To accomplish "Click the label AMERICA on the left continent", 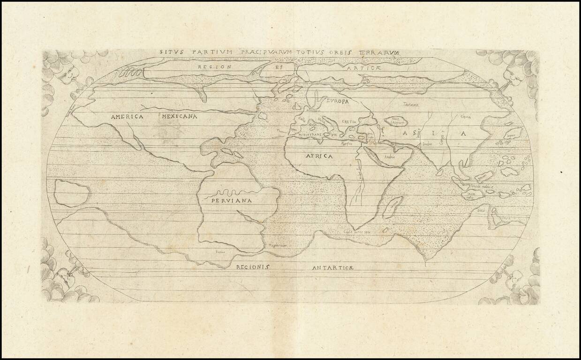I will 127,117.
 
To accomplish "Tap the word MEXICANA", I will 180,116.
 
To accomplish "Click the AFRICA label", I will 319,156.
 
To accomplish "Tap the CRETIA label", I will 349,122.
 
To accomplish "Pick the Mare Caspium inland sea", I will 396,121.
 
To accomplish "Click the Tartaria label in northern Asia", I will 410,105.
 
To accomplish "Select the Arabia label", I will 390,157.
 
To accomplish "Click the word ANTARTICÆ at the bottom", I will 332,268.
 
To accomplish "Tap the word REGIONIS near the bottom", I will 253,267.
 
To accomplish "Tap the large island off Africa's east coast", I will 392,207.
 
